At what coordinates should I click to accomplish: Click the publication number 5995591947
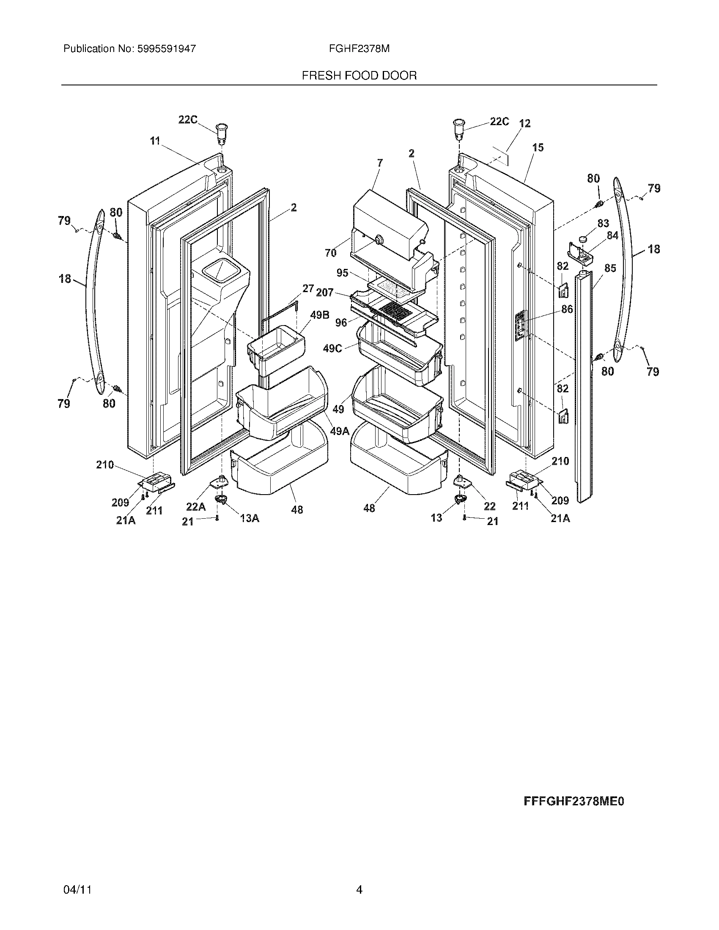[x=166, y=49]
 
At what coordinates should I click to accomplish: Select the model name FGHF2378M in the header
[x=359, y=49]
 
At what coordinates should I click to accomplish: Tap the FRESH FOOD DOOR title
[x=359, y=76]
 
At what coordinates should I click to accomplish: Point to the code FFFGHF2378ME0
[x=574, y=801]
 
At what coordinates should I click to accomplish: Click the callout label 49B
[x=319, y=315]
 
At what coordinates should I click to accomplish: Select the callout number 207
[x=324, y=293]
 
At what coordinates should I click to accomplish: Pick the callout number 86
[x=567, y=309]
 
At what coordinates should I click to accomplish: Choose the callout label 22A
[x=195, y=507]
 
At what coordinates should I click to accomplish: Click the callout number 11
[x=155, y=141]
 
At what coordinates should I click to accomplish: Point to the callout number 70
[x=331, y=253]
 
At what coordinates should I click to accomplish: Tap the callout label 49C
[x=332, y=348]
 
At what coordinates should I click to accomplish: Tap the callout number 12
[x=525, y=123]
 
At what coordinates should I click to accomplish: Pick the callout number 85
[x=610, y=268]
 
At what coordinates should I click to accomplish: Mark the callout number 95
[x=342, y=273]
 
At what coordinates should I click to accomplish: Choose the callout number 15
[x=538, y=148]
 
